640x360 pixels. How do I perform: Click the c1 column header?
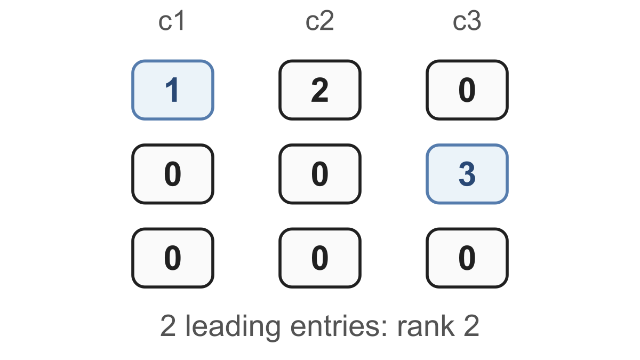(171, 21)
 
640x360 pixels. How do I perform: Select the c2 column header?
(319, 21)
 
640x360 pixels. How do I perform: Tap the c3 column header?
(467, 21)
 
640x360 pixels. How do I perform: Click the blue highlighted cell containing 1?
(173, 90)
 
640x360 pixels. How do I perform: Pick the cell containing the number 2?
(320, 90)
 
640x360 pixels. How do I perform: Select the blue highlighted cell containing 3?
(467, 174)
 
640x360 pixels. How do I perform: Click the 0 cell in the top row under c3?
(467, 90)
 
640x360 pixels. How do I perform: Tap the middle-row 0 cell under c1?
(173, 174)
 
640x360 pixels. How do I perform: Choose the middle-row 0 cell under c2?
(320, 174)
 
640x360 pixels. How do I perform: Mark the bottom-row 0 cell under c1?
(173, 258)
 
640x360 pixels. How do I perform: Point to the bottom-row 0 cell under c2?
(320, 258)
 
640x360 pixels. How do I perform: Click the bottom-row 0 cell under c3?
(467, 258)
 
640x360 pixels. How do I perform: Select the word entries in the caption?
(335, 326)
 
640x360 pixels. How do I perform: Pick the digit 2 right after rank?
(471, 326)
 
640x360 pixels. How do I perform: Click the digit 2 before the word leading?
(168, 326)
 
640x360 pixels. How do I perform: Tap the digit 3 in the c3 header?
(475, 21)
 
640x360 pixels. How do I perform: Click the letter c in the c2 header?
(312, 23)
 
